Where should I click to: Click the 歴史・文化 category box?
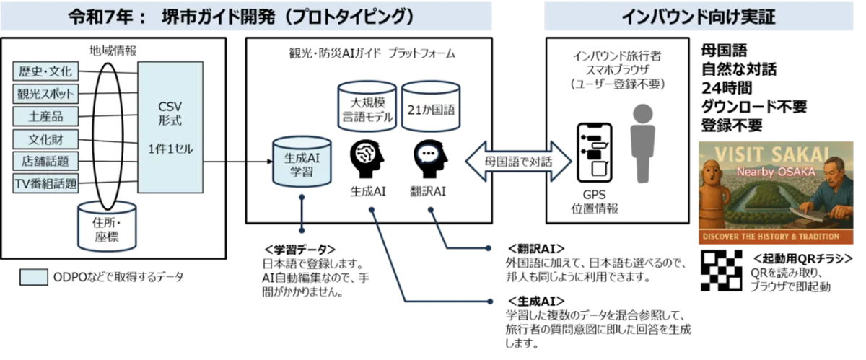coord(45,71)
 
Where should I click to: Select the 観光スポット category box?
coord(45,94)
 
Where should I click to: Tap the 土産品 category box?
coord(45,116)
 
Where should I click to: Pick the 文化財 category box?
coord(45,139)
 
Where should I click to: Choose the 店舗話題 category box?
coord(45,161)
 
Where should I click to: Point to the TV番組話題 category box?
coord(45,183)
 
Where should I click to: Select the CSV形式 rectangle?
coord(170,128)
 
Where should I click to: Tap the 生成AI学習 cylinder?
coord(302,164)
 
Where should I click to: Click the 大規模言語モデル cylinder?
coord(367,109)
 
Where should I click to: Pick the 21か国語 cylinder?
coord(430,109)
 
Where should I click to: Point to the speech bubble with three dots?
coord(428,154)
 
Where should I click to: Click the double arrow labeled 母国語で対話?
coord(518,162)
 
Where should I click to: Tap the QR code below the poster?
coord(721,271)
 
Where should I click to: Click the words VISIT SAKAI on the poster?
coord(775,152)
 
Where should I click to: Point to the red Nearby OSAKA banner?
coord(775,172)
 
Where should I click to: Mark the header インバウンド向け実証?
coord(698,17)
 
